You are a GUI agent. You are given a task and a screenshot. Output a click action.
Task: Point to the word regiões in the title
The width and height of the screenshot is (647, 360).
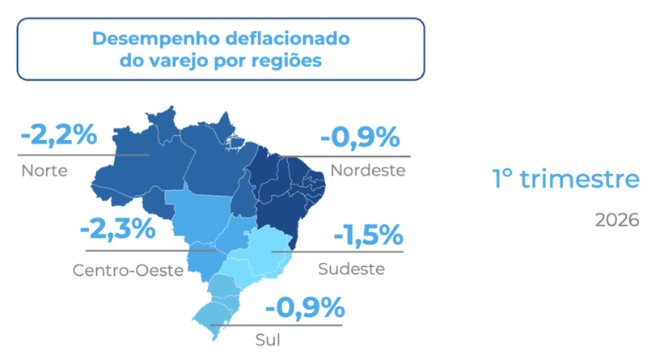pyautogui.click(x=282, y=61)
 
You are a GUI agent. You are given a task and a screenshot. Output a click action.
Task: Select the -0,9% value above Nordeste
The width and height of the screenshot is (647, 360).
pyautogui.click(x=360, y=138)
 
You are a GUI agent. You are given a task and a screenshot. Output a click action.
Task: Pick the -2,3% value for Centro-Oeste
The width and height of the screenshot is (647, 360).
pyautogui.click(x=118, y=229)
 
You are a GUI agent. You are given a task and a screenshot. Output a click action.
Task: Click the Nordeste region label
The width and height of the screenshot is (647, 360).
pyautogui.click(x=367, y=171)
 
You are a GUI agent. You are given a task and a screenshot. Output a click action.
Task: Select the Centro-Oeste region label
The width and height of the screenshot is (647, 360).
pyautogui.click(x=128, y=269)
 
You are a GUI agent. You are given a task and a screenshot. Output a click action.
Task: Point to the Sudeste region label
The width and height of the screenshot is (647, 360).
pyautogui.click(x=351, y=269)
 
